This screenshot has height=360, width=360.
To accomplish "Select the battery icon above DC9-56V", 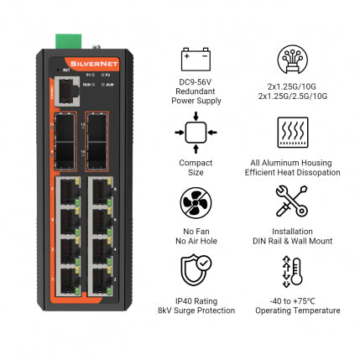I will [x=195, y=59].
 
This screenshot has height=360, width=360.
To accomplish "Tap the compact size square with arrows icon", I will [x=195, y=132].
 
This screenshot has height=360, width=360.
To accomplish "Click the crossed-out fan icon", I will [x=195, y=202].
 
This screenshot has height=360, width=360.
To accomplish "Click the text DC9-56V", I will [x=195, y=81].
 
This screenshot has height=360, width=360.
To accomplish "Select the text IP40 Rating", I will [x=195, y=300].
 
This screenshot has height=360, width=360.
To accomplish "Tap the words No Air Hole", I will [x=195, y=241].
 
